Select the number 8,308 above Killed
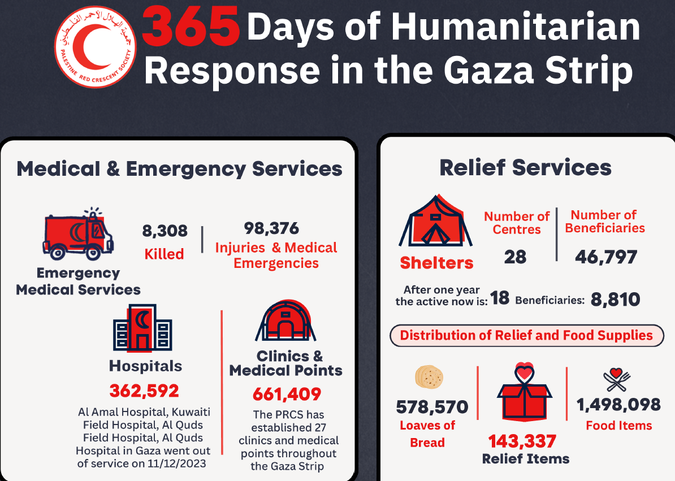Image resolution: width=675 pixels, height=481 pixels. pos(165,231)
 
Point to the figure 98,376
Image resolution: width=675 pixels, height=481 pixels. pos(271,228)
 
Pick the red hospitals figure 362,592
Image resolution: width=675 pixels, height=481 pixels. pos(144,391)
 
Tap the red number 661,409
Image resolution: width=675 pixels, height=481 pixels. pos(287,393)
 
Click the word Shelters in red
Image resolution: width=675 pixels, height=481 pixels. pos(437,263)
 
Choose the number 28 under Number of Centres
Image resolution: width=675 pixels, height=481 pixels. pos(515,257)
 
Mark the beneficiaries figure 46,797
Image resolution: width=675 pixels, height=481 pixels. pos(606,257)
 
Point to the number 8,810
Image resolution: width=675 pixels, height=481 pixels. pos(615,299)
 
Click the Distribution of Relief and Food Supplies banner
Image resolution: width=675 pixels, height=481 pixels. pos(526,335)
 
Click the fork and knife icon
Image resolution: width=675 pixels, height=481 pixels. pos(616,380)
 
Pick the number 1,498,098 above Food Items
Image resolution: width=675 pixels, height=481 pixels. pos(618,405)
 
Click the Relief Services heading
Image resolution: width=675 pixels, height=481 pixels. pos(525,168)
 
